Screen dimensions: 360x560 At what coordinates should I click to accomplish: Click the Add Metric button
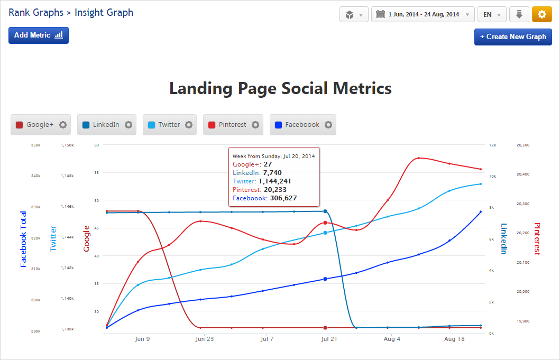pyautogui.click(x=39, y=35)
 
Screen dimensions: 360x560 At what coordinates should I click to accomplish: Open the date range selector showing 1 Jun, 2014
pyautogui.click(x=423, y=14)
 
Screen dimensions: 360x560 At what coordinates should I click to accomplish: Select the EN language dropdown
pyautogui.click(x=492, y=14)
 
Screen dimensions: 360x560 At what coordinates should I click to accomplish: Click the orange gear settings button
pyautogui.click(x=541, y=14)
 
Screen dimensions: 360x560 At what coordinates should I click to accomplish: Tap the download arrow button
pyautogui.click(x=519, y=14)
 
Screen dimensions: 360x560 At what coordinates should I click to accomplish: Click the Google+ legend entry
pyautogui.click(x=40, y=125)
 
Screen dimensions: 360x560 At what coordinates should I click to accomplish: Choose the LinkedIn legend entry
pyautogui.click(x=106, y=125)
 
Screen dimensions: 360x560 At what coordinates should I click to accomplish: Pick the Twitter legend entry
pyautogui.click(x=169, y=125)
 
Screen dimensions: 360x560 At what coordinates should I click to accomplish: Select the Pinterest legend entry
pyautogui.click(x=232, y=125)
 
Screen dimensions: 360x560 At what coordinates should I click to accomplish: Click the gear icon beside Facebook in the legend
pyautogui.click(x=328, y=125)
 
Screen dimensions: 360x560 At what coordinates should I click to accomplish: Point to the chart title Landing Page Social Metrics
pyautogui.click(x=280, y=88)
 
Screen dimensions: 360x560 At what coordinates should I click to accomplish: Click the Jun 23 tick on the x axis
pyautogui.click(x=205, y=339)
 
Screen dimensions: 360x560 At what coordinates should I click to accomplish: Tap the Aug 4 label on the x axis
pyautogui.click(x=392, y=339)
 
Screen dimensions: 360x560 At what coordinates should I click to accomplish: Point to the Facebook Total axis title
pyautogui.click(x=23, y=239)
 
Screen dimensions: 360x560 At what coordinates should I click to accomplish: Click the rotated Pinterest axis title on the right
pyautogui.click(x=537, y=239)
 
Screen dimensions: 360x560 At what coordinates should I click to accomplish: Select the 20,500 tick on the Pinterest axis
pyautogui.click(x=522, y=145)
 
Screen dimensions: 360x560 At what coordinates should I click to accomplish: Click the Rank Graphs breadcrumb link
pyautogui.click(x=35, y=12)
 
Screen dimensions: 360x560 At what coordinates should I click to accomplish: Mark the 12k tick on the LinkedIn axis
pyautogui.click(x=492, y=145)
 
